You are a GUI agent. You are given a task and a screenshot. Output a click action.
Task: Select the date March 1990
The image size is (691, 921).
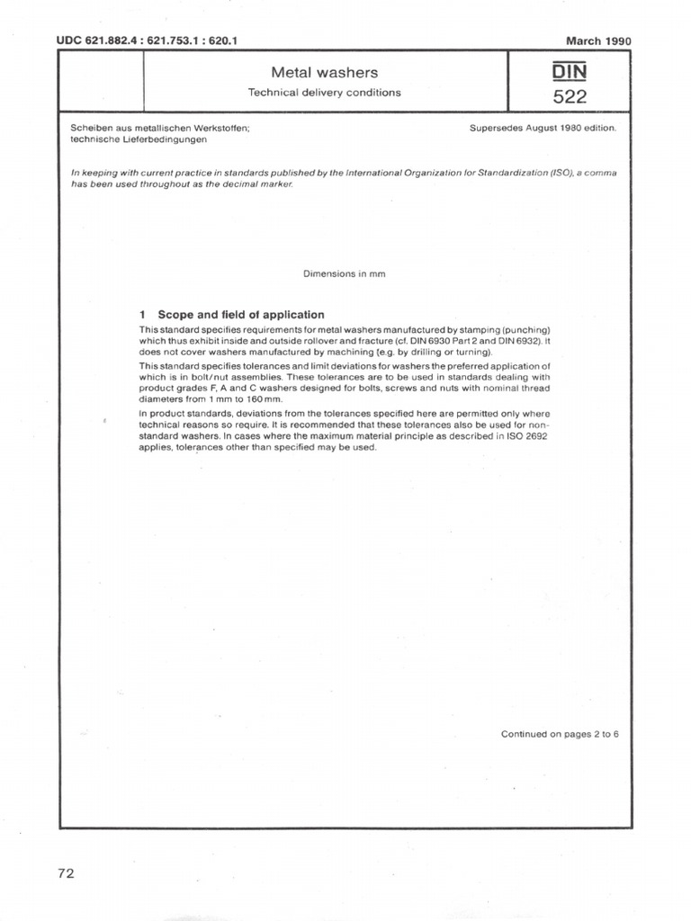point(598,40)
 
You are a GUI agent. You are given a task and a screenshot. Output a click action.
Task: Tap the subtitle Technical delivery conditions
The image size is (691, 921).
point(325,92)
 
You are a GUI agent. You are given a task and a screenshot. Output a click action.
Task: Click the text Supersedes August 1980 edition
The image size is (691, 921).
point(543,129)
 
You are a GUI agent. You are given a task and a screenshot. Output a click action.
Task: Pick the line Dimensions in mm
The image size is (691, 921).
point(345,274)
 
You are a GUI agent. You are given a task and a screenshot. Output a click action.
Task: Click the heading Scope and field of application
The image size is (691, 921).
point(241,315)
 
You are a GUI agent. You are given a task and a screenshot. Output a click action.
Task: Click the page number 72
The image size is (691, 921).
point(65,873)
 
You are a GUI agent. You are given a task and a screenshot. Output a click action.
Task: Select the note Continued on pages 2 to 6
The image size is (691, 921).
point(560,734)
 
